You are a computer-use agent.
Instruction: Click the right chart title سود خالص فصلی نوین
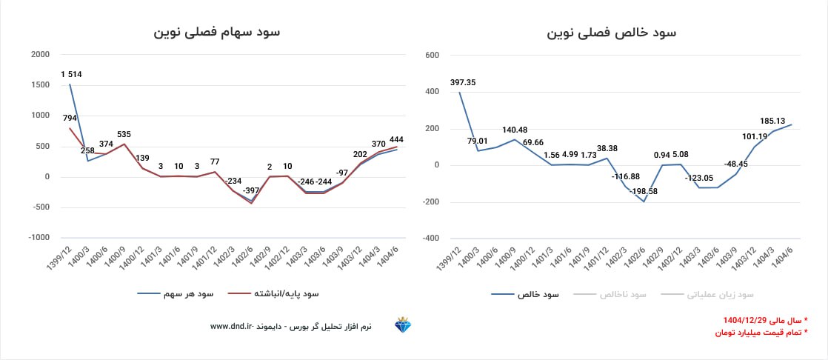(x=611, y=33)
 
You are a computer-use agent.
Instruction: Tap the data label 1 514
(x=71, y=73)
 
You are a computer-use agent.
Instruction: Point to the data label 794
(x=70, y=118)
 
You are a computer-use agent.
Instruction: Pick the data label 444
(x=395, y=139)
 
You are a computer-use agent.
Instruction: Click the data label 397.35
(x=461, y=82)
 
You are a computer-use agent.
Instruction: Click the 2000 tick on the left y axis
(x=40, y=54)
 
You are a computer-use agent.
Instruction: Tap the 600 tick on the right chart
(x=433, y=55)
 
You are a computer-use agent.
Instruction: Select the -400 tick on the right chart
(x=431, y=239)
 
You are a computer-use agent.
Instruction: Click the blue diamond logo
(x=404, y=325)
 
